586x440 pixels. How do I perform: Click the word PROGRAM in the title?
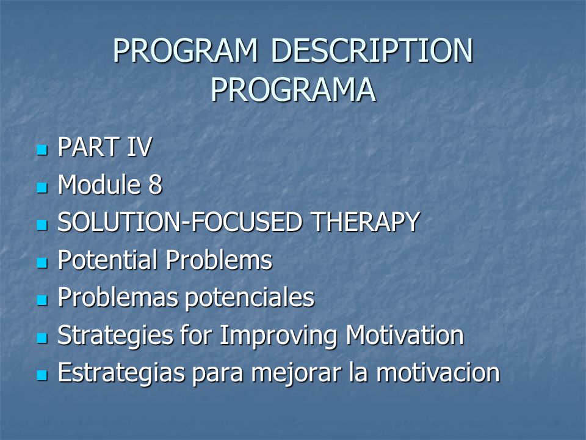[x=186, y=51]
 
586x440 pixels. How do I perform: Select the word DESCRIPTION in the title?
[x=372, y=51]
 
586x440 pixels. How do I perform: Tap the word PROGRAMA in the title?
[x=293, y=90]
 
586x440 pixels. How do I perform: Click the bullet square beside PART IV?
[x=42, y=150]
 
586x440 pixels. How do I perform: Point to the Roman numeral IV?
[x=139, y=147]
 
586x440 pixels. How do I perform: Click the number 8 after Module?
[x=155, y=185]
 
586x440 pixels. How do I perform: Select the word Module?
[x=99, y=184]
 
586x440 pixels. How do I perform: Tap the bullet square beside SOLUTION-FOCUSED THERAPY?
[x=42, y=225]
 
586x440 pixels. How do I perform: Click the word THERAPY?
[x=366, y=222]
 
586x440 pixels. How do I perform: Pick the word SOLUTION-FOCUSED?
[x=179, y=222]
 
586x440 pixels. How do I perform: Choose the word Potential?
[x=107, y=260]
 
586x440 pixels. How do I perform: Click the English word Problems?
[x=219, y=260]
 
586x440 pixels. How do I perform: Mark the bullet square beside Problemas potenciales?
[x=42, y=301]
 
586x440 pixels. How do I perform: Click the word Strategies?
[x=115, y=335]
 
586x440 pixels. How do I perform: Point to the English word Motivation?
[x=405, y=335]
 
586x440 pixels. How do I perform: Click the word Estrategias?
[x=121, y=373]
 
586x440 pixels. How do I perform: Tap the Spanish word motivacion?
[x=438, y=373]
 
